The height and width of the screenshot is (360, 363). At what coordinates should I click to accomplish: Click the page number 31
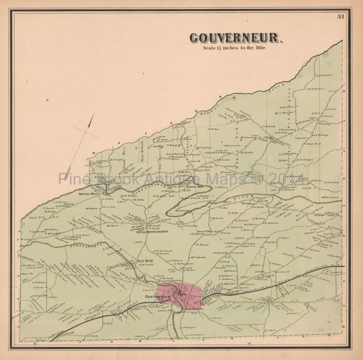340,16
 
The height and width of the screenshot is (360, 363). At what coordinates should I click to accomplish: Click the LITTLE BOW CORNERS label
152,231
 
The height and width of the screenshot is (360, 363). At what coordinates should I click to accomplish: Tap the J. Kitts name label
109,323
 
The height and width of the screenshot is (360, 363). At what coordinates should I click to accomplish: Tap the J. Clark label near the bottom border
92,336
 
